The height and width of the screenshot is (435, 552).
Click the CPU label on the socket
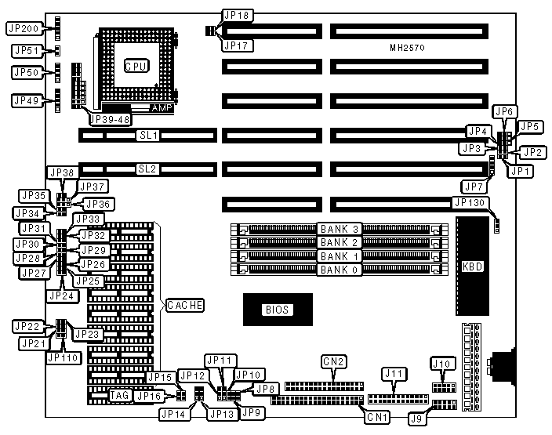pyautogui.click(x=136, y=67)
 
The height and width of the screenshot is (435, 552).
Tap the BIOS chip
pyautogui.click(x=277, y=310)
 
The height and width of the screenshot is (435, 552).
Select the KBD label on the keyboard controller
pyautogui.click(x=473, y=266)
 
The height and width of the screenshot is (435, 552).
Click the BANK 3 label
pyautogui.click(x=339, y=229)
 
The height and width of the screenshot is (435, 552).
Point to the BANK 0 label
pyautogui.click(x=339, y=270)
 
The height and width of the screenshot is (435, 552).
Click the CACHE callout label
pyautogui.click(x=184, y=304)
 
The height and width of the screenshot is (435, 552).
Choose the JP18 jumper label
pyautogui.click(x=236, y=15)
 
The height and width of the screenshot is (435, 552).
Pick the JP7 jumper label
pyautogui.click(x=472, y=187)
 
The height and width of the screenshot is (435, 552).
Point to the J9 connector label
pyautogui.click(x=414, y=419)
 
